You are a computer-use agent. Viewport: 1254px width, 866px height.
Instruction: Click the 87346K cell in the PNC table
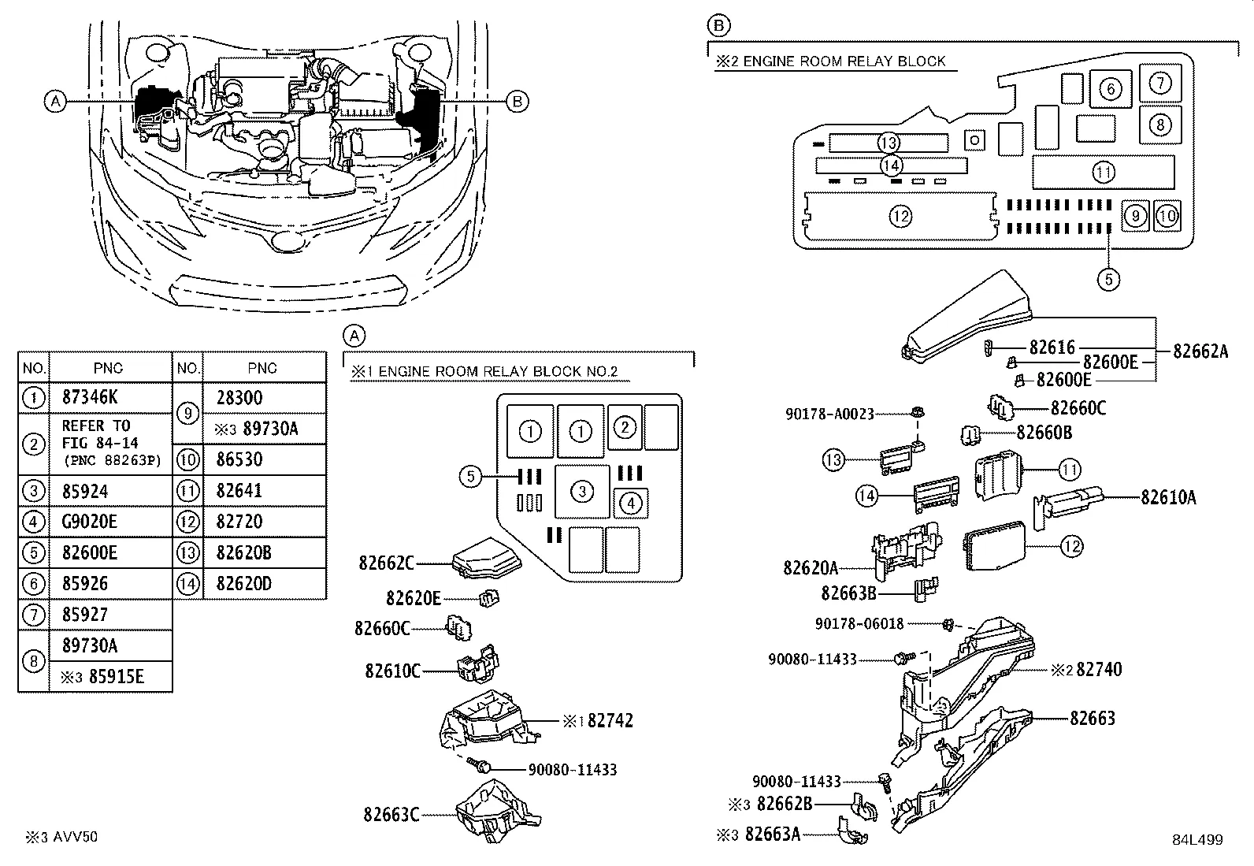(x=91, y=398)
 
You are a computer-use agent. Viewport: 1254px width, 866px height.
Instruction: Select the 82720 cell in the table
(x=239, y=522)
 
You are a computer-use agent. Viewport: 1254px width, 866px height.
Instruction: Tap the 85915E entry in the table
(x=109, y=677)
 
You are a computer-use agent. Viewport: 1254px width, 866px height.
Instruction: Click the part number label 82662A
(x=1200, y=351)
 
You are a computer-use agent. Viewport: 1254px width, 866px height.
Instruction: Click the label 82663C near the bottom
(x=391, y=814)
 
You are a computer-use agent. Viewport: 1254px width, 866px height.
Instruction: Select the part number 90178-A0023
(x=829, y=413)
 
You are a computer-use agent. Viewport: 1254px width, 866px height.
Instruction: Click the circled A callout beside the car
(x=54, y=101)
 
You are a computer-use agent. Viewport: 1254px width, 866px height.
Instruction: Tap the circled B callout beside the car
(x=517, y=101)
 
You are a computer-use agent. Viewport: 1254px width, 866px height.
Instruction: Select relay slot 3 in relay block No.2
(x=581, y=492)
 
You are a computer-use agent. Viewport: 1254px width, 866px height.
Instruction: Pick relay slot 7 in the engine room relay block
(x=1159, y=83)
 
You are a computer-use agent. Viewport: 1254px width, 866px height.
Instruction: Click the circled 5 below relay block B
(x=1108, y=279)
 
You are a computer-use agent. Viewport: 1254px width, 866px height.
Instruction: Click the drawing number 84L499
(x=1196, y=840)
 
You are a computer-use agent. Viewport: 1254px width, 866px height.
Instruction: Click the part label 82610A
(x=1168, y=496)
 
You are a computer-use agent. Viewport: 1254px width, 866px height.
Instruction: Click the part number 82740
(x=1099, y=669)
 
